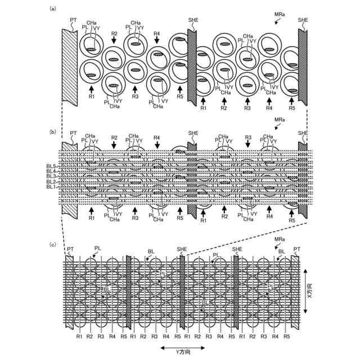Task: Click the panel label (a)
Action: click(x=53, y=8)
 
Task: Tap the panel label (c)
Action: click(x=53, y=244)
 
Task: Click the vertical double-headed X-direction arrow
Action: click(x=305, y=293)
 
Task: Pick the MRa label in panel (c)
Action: click(x=280, y=240)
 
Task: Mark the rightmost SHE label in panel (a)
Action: click(x=303, y=20)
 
